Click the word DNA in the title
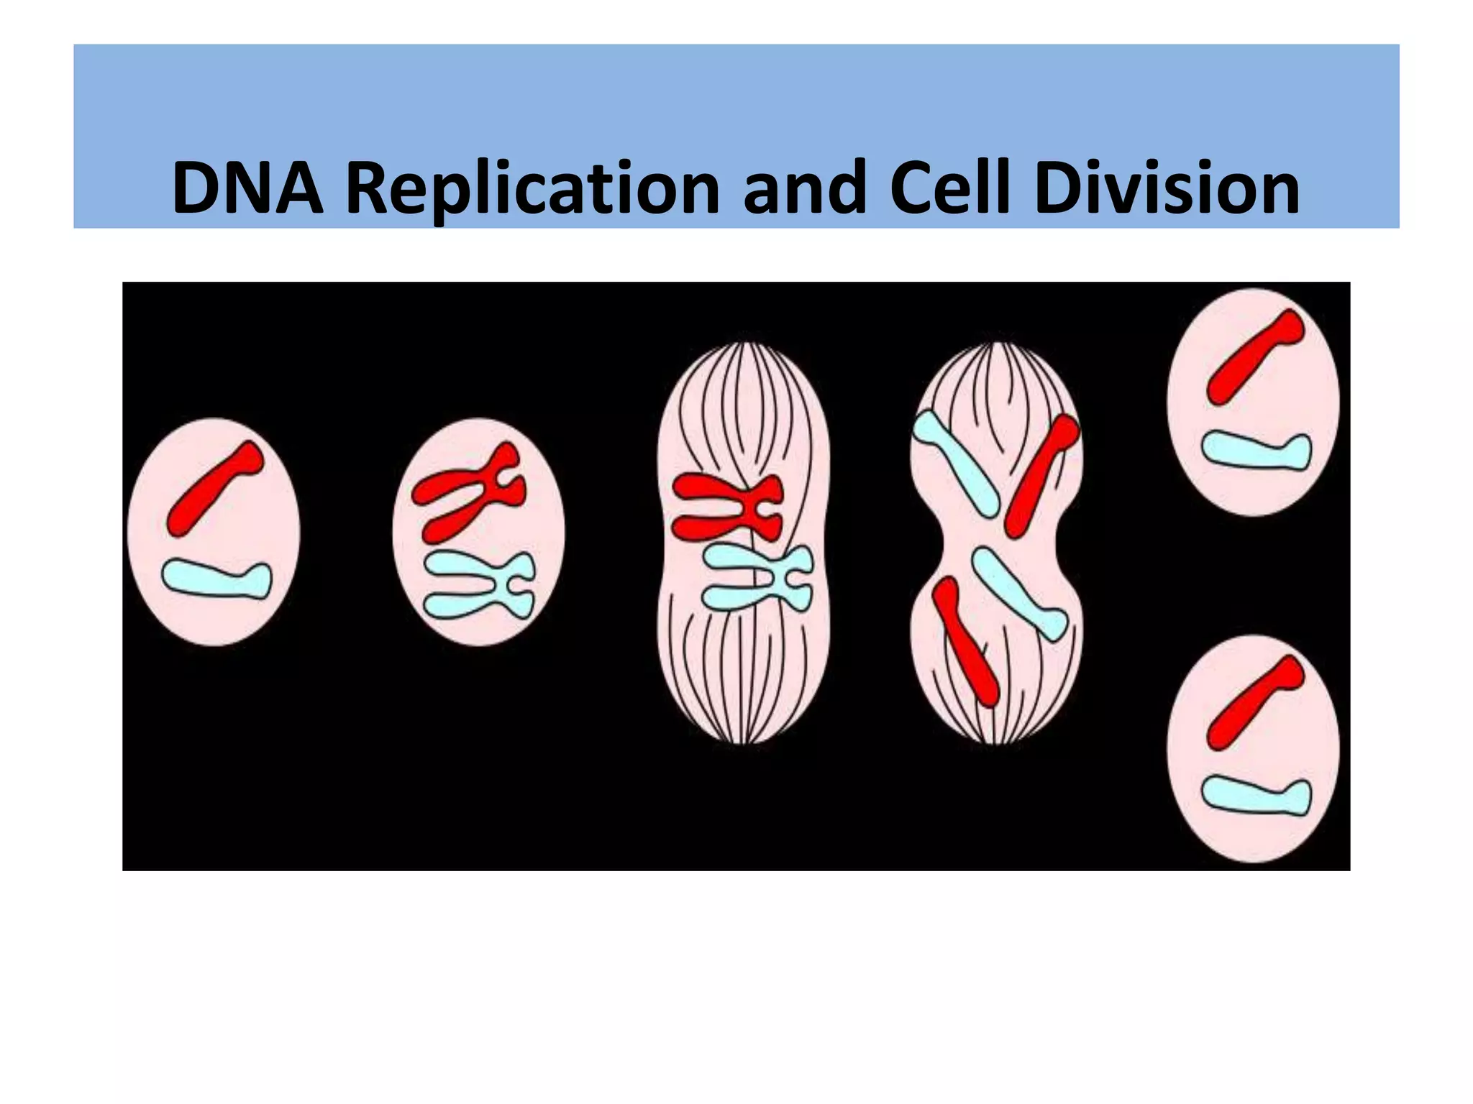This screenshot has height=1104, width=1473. click(247, 188)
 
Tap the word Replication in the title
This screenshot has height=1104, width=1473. click(532, 188)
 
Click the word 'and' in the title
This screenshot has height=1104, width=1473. click(804, 188)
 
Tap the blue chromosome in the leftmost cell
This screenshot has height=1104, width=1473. click(216, 579)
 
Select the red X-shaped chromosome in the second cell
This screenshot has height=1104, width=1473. click(471, 492)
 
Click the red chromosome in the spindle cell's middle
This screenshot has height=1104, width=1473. click(726, 506)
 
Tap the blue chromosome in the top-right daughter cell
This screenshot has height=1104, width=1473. click(1256, 450)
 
